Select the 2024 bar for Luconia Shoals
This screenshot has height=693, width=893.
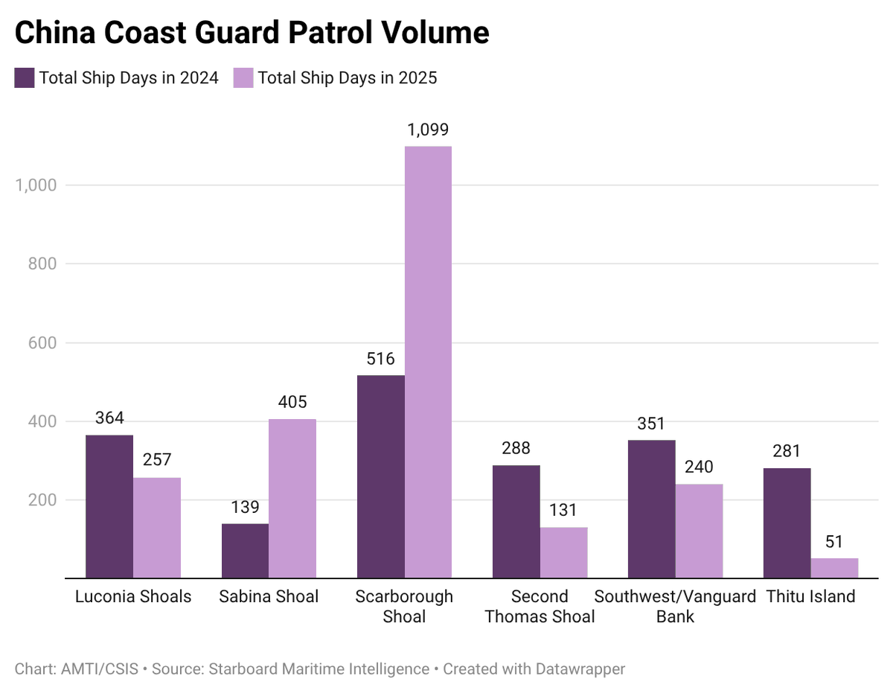(109, 506)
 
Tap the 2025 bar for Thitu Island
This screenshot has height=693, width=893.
(834, 568)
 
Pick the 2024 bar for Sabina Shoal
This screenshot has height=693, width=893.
(245, 551)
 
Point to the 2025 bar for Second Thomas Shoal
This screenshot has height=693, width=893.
(563, 552)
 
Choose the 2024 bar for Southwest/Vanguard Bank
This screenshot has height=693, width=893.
(651, 509)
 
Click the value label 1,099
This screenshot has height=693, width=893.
(428, 130)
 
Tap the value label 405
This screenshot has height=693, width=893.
(292, 403)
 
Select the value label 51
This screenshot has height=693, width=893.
(834, 542)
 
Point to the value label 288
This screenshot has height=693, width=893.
(516, 449)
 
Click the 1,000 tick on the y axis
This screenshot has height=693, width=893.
(36, 185)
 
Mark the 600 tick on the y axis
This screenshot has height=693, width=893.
(42, 343)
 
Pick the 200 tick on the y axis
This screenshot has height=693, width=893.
(42, 500)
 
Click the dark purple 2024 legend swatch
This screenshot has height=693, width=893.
(25, 77)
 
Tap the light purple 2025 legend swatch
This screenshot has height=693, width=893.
(243, 77)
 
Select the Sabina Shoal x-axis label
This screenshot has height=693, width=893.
(269, 597)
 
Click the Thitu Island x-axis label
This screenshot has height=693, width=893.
(810, 597)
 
